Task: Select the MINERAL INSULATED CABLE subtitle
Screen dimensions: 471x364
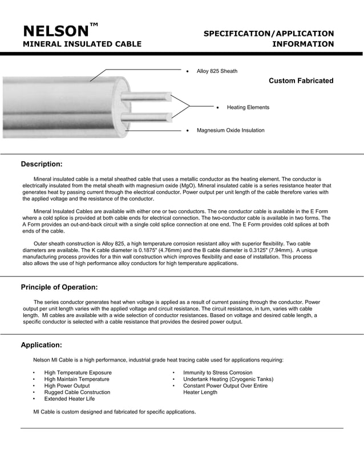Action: (x=82, y=44)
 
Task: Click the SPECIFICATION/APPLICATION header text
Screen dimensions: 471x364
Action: (x=269, y=34)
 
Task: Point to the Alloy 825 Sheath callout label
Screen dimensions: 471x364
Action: (x=217, y=71)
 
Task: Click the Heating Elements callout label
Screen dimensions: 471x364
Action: (x=248, y=107)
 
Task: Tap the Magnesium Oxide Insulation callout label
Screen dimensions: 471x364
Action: (x=230, y=131)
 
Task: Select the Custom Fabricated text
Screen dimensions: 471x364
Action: (x=301, y=81)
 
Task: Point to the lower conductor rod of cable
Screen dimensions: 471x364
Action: (x=151, y=117)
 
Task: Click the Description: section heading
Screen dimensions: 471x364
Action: (x=42, y=164)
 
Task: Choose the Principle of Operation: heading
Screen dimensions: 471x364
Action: (x=59, y=287)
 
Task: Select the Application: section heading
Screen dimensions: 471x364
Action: (x=41, y=345)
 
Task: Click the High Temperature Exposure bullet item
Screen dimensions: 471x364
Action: (x=78, y=373)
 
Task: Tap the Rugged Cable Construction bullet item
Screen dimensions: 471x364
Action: (x=77, y=392)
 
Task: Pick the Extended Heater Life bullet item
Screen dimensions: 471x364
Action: (x=70, y=399)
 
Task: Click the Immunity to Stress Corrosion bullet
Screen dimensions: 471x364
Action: (x=217, y=373)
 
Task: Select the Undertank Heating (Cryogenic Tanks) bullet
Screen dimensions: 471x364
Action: (x=228, y=379)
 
